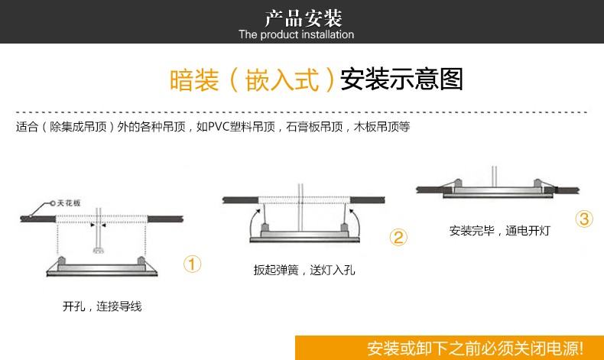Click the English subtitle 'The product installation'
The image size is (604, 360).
click(x=297, y=34)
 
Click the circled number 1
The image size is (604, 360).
click(x=192, y=264)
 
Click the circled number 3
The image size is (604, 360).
click(x=584, y=219)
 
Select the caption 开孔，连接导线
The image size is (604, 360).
click(x=102, y=306)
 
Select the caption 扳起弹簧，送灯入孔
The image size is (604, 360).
click(x=304, y=270)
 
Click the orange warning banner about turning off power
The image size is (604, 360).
click(x=475, y=348)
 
